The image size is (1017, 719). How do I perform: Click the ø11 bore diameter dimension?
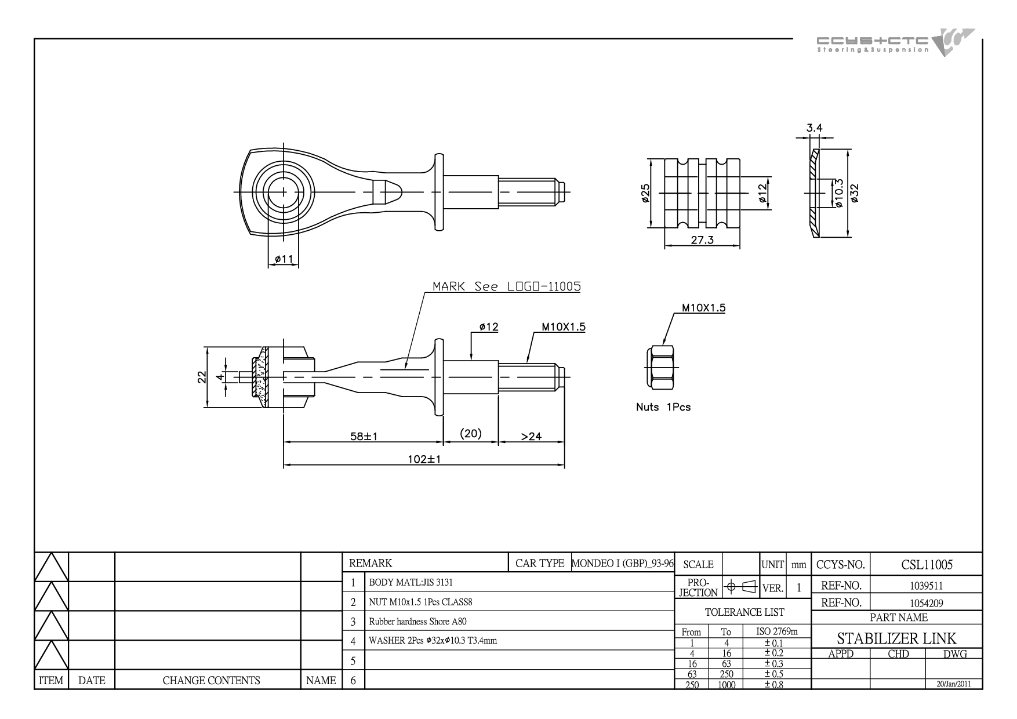coord(284,259)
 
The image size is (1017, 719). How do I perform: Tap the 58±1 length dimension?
coord(364,436)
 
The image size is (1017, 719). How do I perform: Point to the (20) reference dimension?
coord(470,433)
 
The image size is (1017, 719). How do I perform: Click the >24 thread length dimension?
coord(531,436)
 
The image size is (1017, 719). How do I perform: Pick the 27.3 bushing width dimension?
coord(702,240)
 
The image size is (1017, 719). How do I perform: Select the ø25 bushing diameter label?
coord(646,194)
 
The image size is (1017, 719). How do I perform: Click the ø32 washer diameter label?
coord(854,193)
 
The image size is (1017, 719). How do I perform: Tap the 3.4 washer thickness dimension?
coord(815,128)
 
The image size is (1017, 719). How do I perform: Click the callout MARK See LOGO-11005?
coord(507,286)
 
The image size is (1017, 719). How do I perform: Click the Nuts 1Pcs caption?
coord(663,407)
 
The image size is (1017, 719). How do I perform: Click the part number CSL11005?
coord(927,564)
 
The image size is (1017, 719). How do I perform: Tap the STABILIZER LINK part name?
coord(896,639)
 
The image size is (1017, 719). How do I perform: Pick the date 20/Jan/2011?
coord(954,684)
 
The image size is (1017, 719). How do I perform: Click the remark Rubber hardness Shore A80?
coord(417,622)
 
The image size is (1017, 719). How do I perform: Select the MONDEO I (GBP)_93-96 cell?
coord(622,563)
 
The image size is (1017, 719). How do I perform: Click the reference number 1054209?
coord(926,603)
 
